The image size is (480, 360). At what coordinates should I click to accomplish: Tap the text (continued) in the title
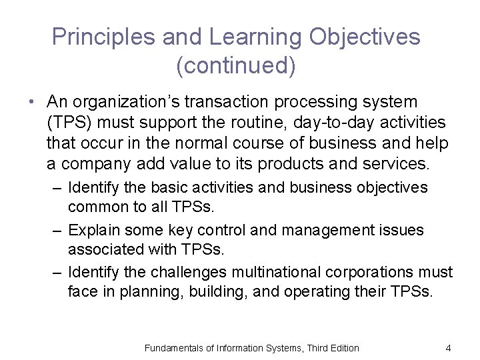(x=236, y=65)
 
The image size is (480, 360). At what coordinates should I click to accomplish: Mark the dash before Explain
(x=59, y=231)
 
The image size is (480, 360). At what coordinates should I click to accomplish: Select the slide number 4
(x=449, y=347)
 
